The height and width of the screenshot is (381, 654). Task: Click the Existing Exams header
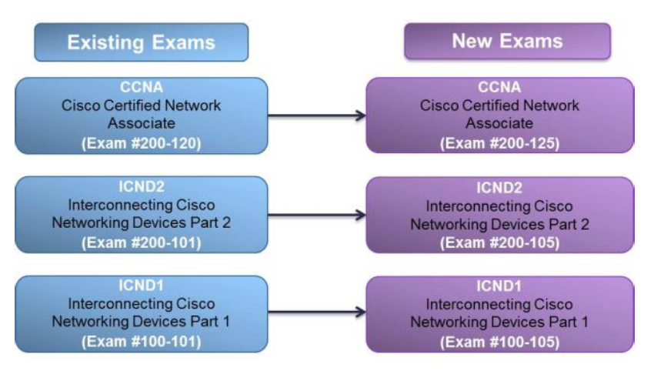coord(141,42)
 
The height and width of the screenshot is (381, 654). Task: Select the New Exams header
coord(507,41)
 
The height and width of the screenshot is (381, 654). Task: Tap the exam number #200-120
coord(141,143)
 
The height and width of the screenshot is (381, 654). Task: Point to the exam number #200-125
coord(499,143)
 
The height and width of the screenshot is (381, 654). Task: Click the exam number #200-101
coord(141,242)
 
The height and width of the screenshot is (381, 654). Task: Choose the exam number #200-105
coord(499,243)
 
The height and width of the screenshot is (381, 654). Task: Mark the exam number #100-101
coord(141,341)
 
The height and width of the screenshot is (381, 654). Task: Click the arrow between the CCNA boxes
coord(316,116)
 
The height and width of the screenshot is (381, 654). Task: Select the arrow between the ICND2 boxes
coord(316,215)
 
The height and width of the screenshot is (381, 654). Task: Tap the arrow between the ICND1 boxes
coord(316,313)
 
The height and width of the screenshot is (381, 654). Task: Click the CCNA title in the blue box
coord(141,88)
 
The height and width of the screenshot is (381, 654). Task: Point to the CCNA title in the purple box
coord(499,88)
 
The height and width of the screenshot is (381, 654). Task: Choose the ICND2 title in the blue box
coord(141,187)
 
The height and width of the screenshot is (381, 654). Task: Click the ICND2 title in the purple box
coord(499,188)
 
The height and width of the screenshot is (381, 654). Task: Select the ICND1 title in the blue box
coord(141,286)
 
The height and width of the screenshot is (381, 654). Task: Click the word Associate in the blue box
coord(141,125)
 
